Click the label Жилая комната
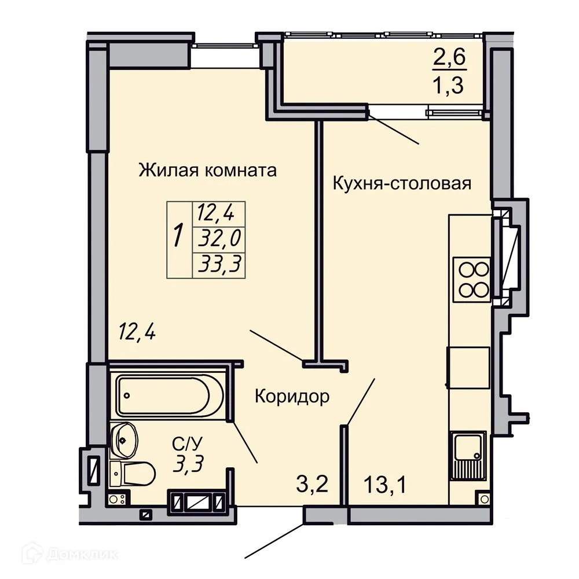pyautogui.click(x=207, y=171)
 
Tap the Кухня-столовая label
pyautogui.click(x=401, y=184)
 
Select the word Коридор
pyautogui.click(x=292, y=397)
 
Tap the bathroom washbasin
pyautogui.click(x=124, y=439)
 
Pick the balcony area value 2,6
pyautogui.click(x=450, y=58)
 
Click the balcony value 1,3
pyautogui.click(x=450, y=87)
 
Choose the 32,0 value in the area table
pyautogui.click(x=219, y=238)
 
